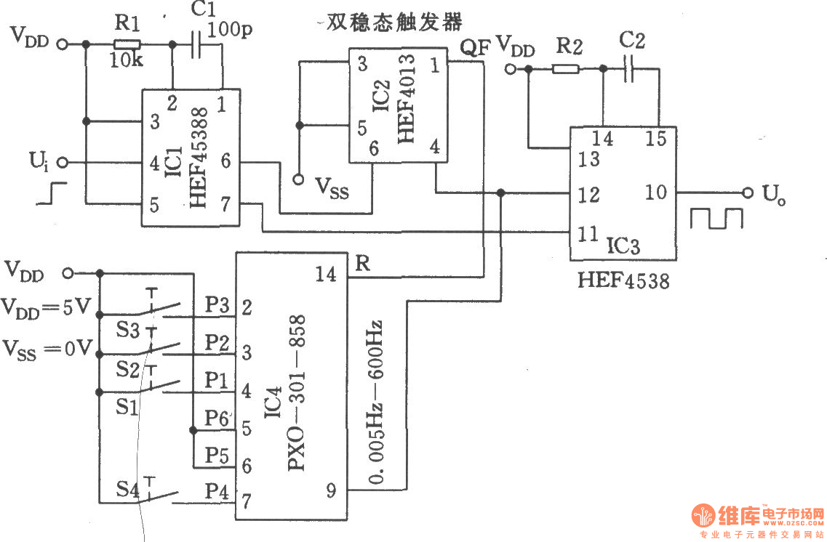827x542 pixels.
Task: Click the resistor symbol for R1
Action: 127,45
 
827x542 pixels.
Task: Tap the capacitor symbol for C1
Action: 196,45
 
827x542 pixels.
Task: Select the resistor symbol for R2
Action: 566,68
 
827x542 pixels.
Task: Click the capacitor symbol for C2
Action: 628,68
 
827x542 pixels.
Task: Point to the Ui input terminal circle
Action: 63,162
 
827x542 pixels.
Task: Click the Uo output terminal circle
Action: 748,193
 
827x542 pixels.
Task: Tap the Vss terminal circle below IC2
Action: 298,179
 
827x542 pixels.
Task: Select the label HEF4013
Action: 407,99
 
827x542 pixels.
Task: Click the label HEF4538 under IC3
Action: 623,280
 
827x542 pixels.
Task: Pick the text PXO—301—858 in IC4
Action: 297,392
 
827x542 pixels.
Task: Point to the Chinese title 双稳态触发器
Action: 394,22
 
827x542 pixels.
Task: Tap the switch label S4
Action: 127,490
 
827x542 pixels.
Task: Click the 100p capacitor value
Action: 229,30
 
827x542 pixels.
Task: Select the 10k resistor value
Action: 126,60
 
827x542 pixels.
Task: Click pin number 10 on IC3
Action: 655,193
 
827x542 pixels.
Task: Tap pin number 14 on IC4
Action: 325,274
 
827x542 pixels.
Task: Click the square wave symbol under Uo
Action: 716,218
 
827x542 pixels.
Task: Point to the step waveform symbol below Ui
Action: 52,193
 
